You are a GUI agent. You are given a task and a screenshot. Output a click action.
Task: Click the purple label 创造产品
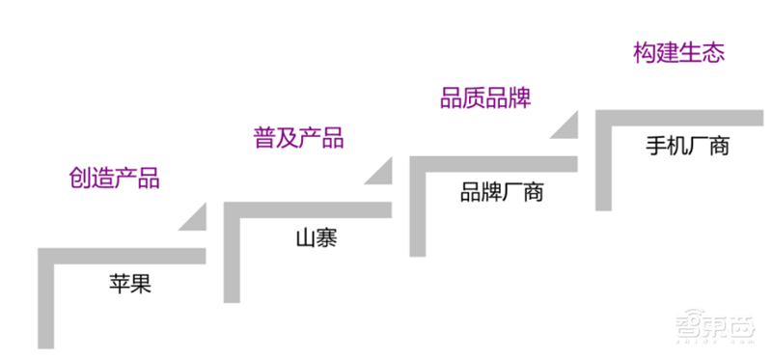coord(115,179)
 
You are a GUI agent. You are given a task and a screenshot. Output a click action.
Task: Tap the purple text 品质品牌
coord(486,97)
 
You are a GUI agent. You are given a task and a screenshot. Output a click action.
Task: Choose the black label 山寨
coord(316,237)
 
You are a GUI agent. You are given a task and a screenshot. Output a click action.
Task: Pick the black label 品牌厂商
coord(502,191)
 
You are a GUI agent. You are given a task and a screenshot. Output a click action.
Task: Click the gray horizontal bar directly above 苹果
coord(125,255)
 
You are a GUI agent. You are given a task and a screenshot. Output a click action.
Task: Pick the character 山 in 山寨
coord(304,237)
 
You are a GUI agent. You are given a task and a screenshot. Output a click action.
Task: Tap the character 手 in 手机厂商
coord(656,147)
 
